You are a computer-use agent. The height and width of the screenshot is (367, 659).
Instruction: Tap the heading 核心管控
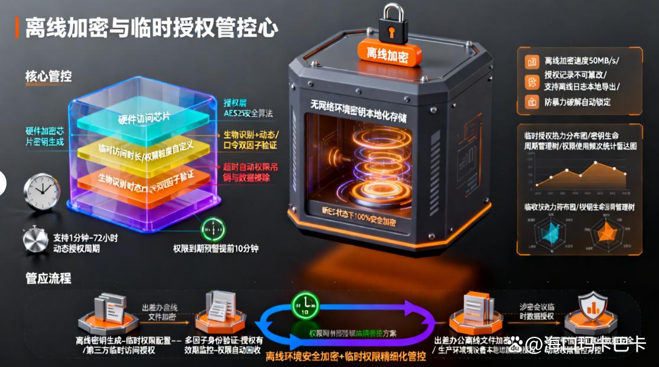(x=48, y=76)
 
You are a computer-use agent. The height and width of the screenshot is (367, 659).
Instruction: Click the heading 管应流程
(x=48, y=277)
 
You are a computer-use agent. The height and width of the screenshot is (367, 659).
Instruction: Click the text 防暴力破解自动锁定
(x=577, y=102)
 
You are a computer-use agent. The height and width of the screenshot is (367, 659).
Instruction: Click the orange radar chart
(x=606, y=233)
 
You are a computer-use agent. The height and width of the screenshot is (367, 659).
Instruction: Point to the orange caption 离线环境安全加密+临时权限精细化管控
(x=345, y=356)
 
